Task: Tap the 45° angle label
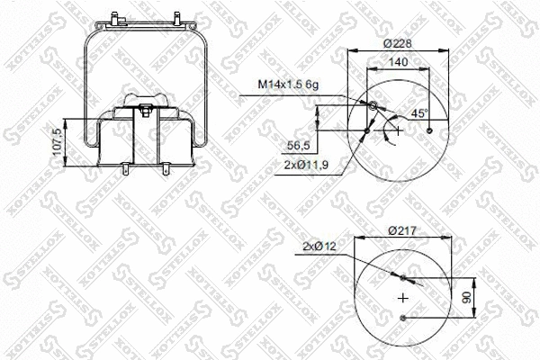(x=419, y=113)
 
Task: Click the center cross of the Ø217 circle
(x=402, y=297)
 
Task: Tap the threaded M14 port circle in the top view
(x=373, y=107)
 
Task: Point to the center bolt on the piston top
(x=145, y=111)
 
